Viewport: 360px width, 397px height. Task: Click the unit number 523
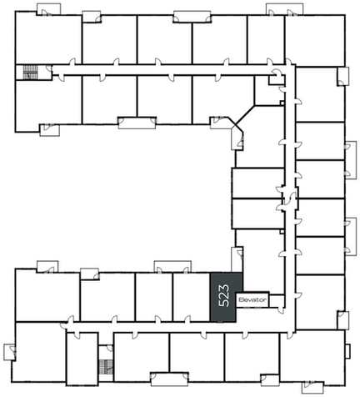tap(224, 295)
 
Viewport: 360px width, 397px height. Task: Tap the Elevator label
tap(252, 299)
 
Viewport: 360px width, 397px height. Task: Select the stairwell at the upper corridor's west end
tap(30, 73)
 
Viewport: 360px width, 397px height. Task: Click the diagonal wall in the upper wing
tap(244, 115)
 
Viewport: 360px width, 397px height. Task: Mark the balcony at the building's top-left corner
tap(48, 9)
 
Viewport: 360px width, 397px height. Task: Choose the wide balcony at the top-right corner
tap(284, 9)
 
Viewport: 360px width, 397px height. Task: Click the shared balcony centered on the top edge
tap(192, 17)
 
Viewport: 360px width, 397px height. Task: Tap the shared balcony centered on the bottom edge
tap(170, 379)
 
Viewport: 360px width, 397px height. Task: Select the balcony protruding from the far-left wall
tap(9, 352)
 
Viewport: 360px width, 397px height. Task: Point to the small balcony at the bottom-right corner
tap(312, 388)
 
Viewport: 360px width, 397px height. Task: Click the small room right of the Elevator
tap(277, 301)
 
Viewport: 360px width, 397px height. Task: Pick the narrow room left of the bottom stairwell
tap(82, 359)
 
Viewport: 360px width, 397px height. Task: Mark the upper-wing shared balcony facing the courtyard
tap(137, 123)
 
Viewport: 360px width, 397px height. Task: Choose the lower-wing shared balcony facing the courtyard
tap(172, 266)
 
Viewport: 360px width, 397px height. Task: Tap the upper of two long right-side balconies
tap(351, 160)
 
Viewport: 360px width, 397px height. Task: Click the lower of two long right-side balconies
tap(351, 237)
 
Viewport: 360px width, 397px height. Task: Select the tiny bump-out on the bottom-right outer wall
tap(347, 351)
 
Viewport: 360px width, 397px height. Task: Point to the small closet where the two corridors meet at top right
tap(277, 79)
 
